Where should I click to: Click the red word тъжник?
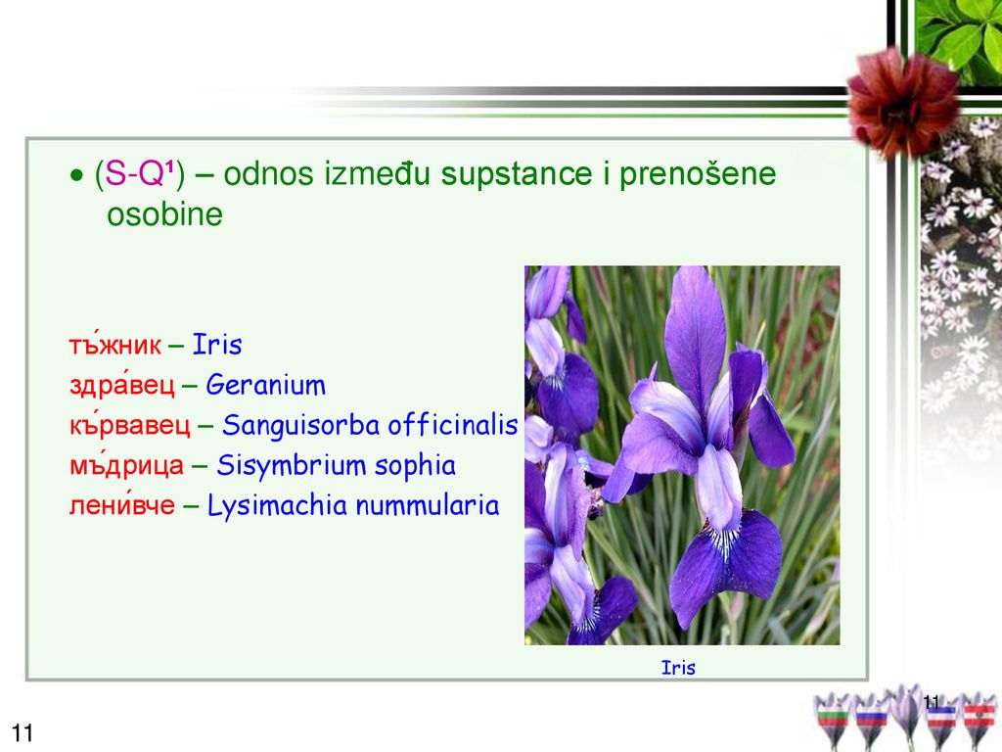(x=115, y=344)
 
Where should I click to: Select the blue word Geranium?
(x=266, y=385)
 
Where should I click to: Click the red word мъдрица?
(x=126, y=466)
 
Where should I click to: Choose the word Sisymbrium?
(x=291, y=465)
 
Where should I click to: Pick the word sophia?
(x=415, y=465)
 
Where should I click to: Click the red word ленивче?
(x=122, y=504)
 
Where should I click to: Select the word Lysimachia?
(x=277, y=506)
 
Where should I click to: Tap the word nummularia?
(x=427, y=505)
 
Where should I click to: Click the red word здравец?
(x=122, y=385)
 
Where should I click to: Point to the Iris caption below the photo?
(x=678, y=668)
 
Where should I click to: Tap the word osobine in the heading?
(x=164, y=214)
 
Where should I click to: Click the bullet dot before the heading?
(x=76, y=174)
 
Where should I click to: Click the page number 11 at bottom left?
(x=23, y=732)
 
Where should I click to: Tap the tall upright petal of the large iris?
(x=696, y=333)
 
